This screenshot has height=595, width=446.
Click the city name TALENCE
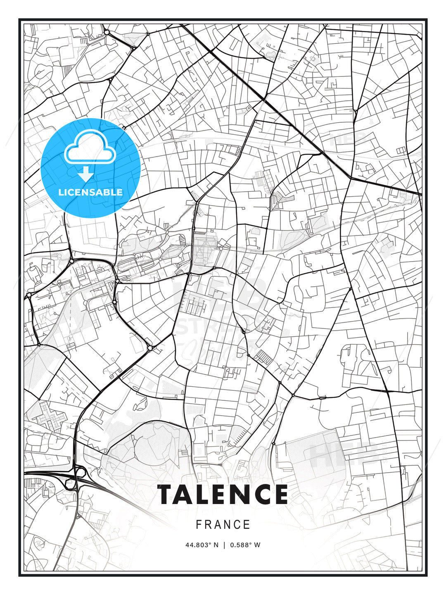(x=223, y=494)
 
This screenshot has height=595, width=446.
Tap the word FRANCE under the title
(x=223, y=525)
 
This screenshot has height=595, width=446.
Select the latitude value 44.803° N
(x=202, y=545)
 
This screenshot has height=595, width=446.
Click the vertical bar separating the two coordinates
(x=224, y=545)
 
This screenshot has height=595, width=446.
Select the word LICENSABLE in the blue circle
(x=90, y=192)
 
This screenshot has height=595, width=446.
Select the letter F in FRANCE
(x=199, y=525)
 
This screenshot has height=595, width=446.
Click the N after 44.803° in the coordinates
(x=216, y=545)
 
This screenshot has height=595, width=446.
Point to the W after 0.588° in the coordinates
(x=257, y=545)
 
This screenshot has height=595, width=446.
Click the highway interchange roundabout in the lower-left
(x=79, y=471)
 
